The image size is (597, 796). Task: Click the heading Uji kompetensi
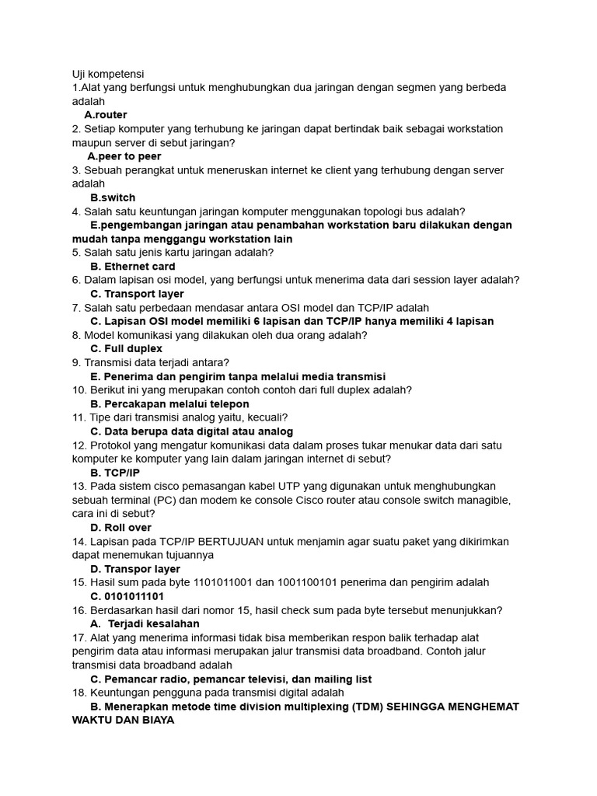tap(108, 74)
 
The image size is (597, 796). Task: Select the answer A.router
tap(106, 115)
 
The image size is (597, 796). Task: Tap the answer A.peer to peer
tap(124, 156)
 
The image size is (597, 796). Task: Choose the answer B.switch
tap(113, 197)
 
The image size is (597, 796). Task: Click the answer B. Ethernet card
tap(133, 267)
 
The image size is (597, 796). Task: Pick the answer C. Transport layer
tap(137, 294)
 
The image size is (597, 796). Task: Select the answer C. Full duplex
tap(126, 349)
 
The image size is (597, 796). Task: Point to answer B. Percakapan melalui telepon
tap(169, 404)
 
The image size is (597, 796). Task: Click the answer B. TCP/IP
tap(115, 473)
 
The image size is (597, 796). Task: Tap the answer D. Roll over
tap(120, 528)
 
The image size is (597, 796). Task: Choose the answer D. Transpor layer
tap(135, 569)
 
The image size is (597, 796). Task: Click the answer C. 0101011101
tap(127, 596)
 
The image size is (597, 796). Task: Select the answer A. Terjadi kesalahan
tap(145, 623)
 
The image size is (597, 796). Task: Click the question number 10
tap(79, 390)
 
